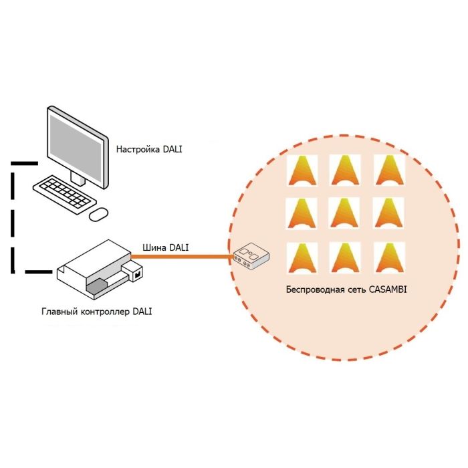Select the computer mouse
(x=99, y=213)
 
